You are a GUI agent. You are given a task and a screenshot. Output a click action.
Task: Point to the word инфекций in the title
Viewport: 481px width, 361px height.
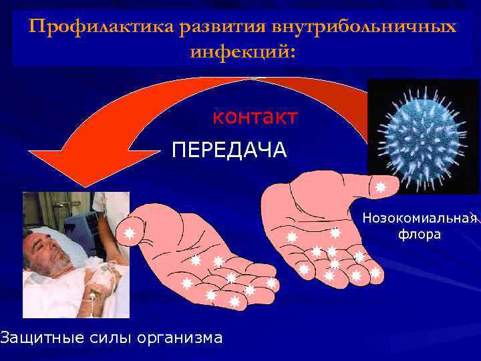pos(240,51)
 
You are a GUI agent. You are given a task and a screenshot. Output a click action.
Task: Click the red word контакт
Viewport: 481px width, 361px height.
pos(255,117)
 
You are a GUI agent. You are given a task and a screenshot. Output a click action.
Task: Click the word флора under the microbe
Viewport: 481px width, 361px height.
pos(420,235)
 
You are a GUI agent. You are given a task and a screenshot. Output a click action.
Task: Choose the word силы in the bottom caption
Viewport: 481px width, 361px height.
pos(110,338)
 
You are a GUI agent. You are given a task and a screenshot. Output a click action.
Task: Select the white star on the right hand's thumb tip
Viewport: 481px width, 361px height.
pos(380,187)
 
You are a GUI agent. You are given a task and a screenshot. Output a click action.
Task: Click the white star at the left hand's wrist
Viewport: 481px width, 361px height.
pos(130,234)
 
